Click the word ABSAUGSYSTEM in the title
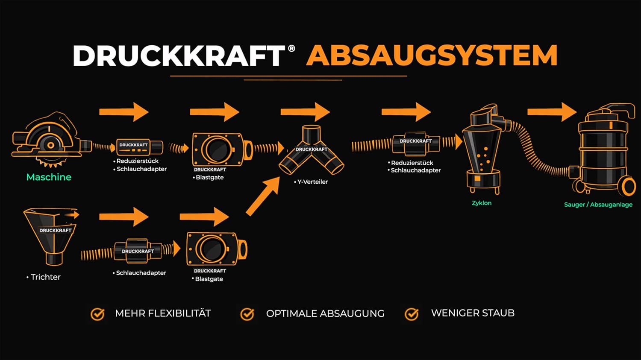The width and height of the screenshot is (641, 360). pos(432,55)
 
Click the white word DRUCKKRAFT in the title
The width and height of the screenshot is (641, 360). pos(179,56)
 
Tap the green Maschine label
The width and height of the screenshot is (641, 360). pos(49,177)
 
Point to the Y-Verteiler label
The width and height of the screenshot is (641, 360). pos(312,181)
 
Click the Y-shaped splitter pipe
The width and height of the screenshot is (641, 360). pos(312,150)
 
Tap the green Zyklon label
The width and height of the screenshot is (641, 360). pos(482,203)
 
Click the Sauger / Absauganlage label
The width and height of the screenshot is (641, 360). pos(598,205)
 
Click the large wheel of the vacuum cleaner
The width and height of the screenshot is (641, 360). pos(629,187)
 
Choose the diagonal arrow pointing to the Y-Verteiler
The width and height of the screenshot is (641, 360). pos(263,196)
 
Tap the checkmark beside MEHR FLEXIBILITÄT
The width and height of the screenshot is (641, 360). pos(97,314)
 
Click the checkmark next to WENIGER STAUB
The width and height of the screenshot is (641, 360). pos(412,314)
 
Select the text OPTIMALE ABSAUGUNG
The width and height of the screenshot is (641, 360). pos(325,313)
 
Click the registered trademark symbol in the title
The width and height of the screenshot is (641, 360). pos(291,48)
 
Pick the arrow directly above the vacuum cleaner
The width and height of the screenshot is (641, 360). pos(552,112)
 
